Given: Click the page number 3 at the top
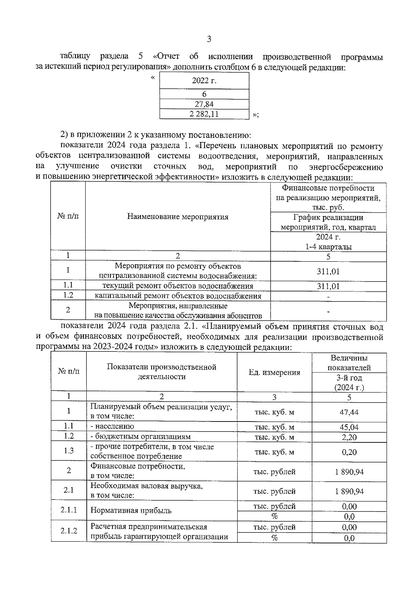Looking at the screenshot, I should [209, 39].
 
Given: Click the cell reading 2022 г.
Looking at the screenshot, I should [204, 81].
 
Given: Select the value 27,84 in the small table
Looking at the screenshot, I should [204, 104].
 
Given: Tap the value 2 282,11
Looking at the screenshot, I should [204, 114].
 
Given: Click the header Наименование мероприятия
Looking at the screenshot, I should [178, 217].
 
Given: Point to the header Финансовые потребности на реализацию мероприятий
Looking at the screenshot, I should [328, 198].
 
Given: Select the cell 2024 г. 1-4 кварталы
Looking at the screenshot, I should [328, 242].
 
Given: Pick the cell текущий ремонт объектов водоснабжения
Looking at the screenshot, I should [178, 286].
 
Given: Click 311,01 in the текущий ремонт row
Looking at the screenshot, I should [328, 286].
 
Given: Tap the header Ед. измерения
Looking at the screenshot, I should [274, 372].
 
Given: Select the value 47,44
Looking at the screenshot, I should [349, 412].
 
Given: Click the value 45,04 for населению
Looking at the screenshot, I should [349, 427].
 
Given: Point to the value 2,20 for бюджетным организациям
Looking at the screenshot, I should [349, 437].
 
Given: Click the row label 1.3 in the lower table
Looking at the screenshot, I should [69, 451].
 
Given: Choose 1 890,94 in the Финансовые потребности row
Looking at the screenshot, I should [349, 472].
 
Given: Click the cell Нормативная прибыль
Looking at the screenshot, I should [131, 511].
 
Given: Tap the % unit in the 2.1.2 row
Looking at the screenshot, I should [274, 538].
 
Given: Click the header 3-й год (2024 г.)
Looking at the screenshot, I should [349, 383].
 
